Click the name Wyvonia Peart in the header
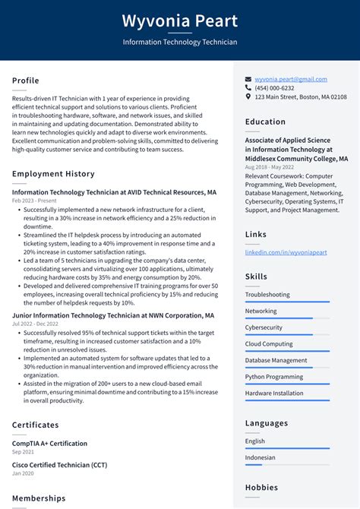[180, 21]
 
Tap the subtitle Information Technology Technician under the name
[180, 43]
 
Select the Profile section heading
[26, 81]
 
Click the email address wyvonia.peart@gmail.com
[291, 79]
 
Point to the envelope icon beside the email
[248, 79]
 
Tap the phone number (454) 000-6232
[274, 88]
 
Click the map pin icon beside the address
[248, 97]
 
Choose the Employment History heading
[53, 174]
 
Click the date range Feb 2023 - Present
[33, 201]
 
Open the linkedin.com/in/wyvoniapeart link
[286, 252]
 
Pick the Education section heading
[265, 122]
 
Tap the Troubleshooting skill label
[267, 294]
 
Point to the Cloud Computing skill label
[269, 344]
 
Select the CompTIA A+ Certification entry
[49, 443]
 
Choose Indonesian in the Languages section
[260, 457]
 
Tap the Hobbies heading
[261, 488]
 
